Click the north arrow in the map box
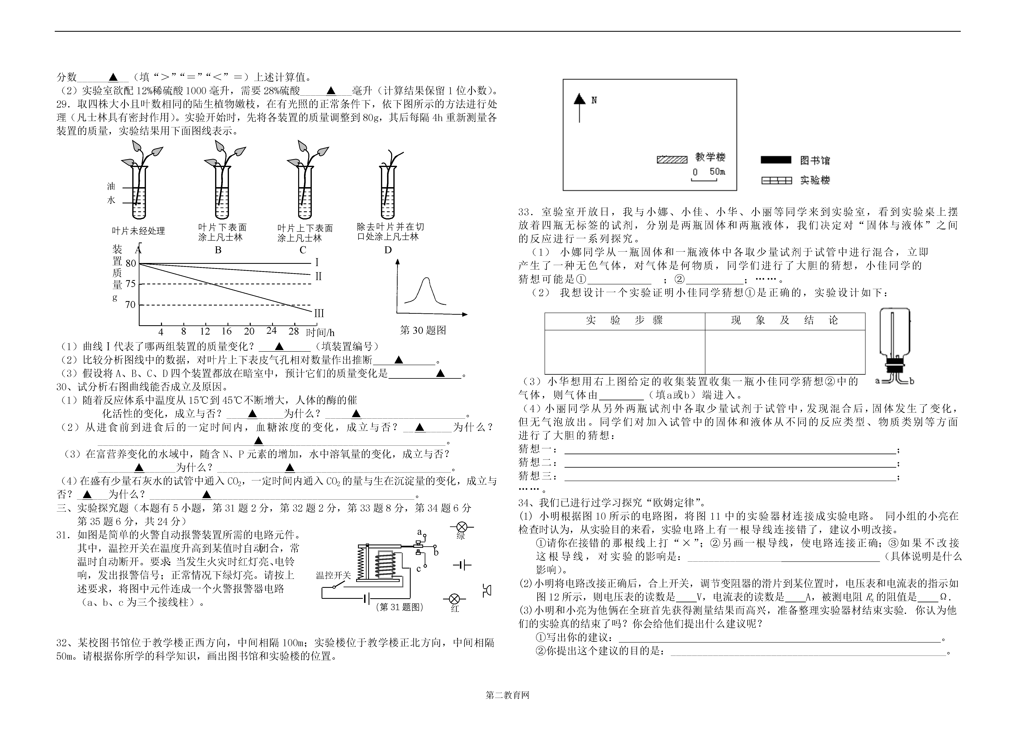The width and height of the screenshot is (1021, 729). (x=579, y=108)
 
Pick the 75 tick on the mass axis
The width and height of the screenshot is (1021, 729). (x=130, y=284)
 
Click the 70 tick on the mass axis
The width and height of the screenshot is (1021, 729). (x=130, y=305)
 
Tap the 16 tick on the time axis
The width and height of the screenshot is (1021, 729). (x=227, y=331)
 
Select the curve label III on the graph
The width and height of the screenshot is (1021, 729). (x=319, y=313)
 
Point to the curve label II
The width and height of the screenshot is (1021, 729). (x=318, y=276)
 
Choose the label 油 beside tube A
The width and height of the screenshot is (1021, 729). (x=111, y=186)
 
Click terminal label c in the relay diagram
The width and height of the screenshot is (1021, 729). (x=418, y=569)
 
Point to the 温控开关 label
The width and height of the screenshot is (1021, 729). (x=333, y=575)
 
